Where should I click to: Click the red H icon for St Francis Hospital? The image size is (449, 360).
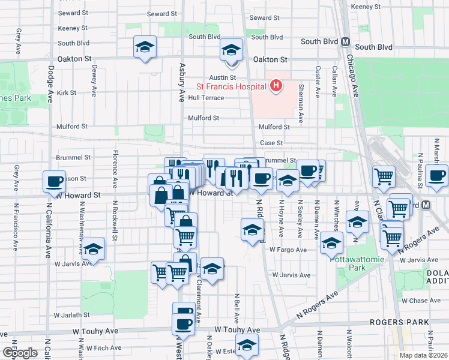[x=276, y=86]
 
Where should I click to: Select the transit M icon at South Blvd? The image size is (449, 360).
[x=345, y=42]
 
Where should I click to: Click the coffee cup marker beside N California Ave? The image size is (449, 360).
[x=54, y=180]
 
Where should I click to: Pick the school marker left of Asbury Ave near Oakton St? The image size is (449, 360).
[x=145, y=47]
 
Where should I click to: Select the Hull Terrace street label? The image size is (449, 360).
[x=205, y=98]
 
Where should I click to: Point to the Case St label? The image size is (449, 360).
[x=271, y=143]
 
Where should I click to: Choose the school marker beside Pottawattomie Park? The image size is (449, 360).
[x=331, y=242]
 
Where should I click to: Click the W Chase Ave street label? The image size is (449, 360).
[x=423, y=301]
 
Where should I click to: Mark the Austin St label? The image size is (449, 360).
[x=222, y=78]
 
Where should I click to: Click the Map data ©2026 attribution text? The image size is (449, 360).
[x=423, y=355]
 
